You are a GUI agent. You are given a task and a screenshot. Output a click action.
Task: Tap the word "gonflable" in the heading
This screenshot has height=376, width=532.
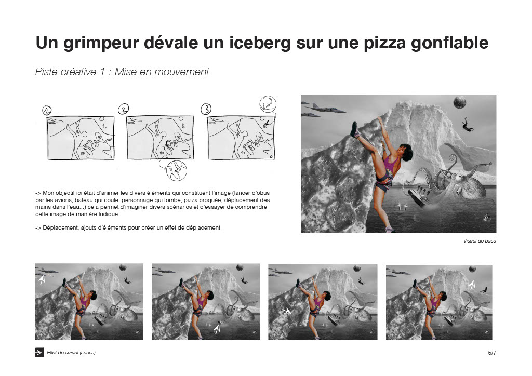click(449, 43)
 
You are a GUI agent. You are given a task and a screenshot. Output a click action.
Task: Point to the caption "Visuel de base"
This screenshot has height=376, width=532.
click(480, 241)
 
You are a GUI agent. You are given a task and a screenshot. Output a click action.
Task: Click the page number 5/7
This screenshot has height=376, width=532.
click(492, 353)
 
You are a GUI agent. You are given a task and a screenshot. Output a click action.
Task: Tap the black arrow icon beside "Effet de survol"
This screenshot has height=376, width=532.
click(39, 352)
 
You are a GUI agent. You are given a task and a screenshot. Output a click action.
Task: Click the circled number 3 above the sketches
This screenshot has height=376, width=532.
click(206, 109)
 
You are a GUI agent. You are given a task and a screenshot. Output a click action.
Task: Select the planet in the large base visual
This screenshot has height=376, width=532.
click(459, 102)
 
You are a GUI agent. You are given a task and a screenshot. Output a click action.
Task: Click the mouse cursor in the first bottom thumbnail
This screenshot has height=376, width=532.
click(42, 280)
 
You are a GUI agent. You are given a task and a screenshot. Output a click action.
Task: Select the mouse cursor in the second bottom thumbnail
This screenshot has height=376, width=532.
click(217, 329)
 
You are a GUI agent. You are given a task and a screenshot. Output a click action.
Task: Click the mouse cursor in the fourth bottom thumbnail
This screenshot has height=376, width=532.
click(472, 285)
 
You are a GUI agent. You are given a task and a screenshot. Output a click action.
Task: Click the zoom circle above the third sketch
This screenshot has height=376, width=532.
click(268, 104)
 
